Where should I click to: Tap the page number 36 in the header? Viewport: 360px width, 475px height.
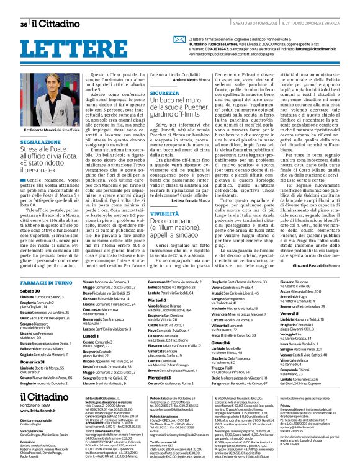(24, 24)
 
